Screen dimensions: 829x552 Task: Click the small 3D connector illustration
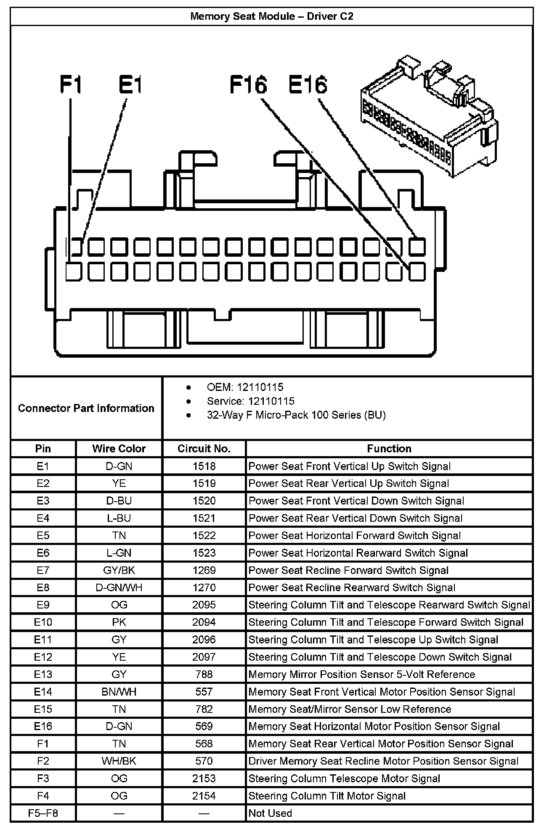pyautogui.click(x=429, y=115)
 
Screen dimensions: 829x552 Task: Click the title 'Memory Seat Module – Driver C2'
pyautogui.click(x=272, y=16)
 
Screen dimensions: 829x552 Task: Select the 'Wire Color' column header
pyautogui.click(x=119, y=449)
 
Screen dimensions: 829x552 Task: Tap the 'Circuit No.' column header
pyautogui.click(x=204, y=449)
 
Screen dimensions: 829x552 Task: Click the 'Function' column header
pyautogui.click(x=389, y=449)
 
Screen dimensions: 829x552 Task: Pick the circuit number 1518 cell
pyautogui.click(x=204, y=466)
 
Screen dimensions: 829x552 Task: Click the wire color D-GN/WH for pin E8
pyautogui.click(x=119, y=587)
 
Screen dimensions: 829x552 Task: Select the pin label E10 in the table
pyautogui.click(x=43, y=622)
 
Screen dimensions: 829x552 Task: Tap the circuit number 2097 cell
pyautogui.click(x=204, y=657)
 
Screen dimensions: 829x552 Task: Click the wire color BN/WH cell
pyautogui.click(x=119, y=692)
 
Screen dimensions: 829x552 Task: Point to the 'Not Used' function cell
pyautogui.click(x=270, y=813)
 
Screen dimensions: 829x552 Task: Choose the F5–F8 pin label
pyautogui.click(x=43, y=813)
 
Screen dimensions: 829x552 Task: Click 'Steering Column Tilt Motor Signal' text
pyautogui.click(x=327, y=796)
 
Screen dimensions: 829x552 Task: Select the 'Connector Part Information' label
pyautogui.click(x=86, y=408)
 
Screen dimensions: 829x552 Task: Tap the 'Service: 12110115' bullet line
pyautogui.click(x=250, y=401)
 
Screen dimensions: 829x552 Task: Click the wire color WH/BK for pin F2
pyautogui.click(x=119, y=761)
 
